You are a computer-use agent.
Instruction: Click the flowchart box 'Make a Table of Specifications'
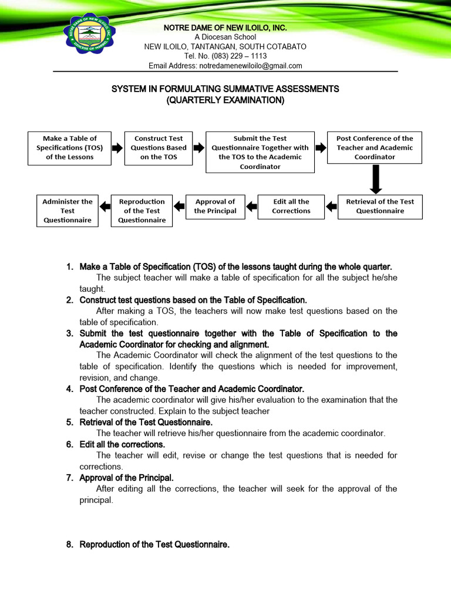[x=69, y=148]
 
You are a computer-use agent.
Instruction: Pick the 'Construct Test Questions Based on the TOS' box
[x=159, y=148]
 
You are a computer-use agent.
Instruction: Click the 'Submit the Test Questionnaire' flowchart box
[x=260, y=152]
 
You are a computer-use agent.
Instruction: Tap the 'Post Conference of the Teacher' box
[x=374, y=148]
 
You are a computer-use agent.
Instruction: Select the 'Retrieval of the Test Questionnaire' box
[x=379, y=207]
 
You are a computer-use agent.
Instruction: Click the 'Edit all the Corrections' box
[x=291, y=207]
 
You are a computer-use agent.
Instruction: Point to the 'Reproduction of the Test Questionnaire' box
[x=142, y=211]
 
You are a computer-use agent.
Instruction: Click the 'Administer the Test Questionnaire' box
[x=68, y=211]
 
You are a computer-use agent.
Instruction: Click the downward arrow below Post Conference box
[x=376, y=178]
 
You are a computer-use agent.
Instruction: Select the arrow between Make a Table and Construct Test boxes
[x=117, y=147]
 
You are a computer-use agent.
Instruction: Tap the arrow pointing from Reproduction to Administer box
[x=105, y=206]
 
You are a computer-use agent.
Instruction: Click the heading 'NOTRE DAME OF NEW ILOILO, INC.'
[x=225, y=28]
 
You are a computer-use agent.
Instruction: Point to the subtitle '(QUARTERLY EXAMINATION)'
[x=225, y=100]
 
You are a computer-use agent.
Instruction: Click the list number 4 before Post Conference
[x=69, y=389]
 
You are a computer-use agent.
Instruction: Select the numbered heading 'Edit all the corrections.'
[x=122, y=445]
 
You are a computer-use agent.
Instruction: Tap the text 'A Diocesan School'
[x=225, y=38]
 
